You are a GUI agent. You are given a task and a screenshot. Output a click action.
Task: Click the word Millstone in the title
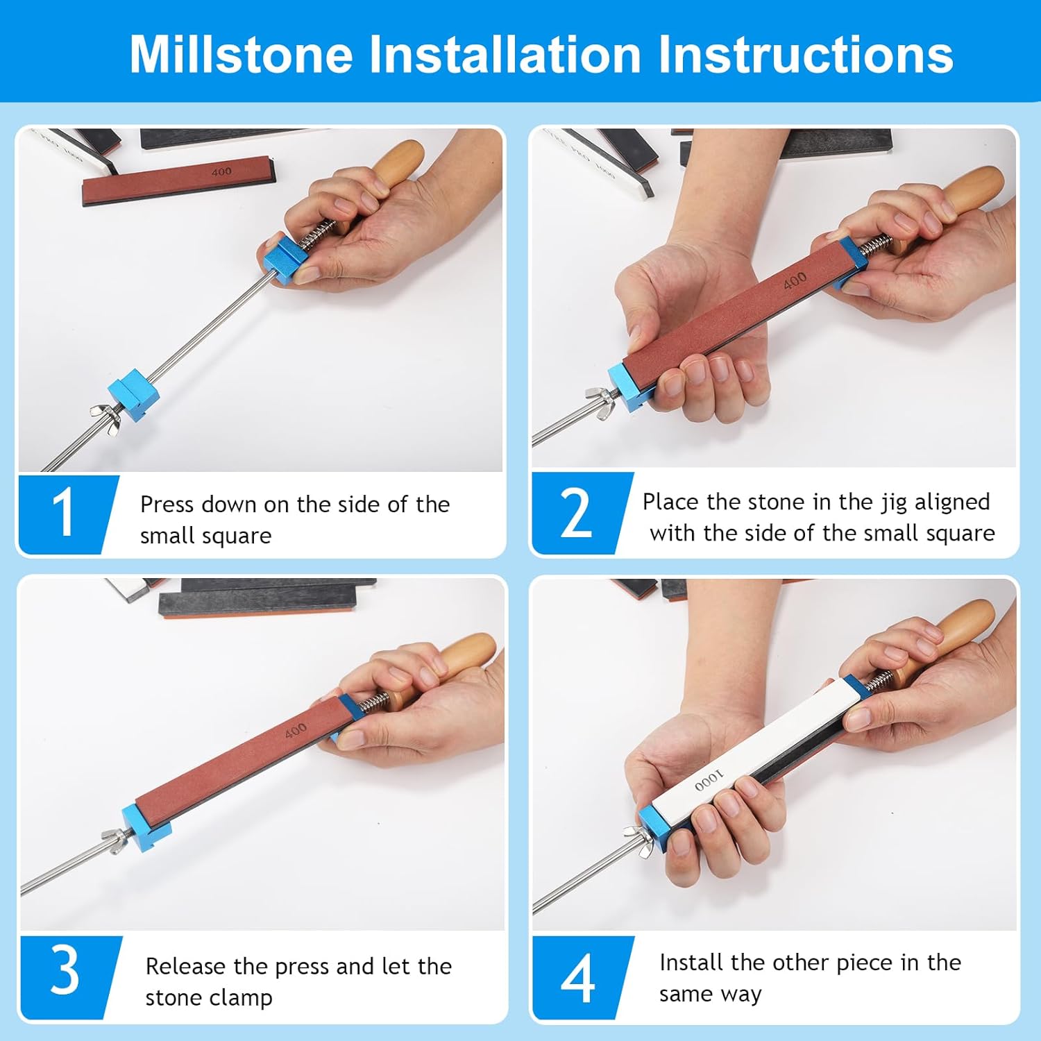pyautogui.click(x=241, y=54)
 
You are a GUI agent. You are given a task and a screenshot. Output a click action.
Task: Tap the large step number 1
pyautogui.click(x=63, y=513)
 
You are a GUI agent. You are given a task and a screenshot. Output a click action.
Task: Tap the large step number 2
pyautogui.click(x=576, y=514)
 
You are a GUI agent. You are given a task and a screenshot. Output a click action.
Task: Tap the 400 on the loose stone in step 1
pyautogui.click(x=221, y=171)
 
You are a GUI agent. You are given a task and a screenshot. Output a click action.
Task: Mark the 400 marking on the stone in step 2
pyautogui.click(x=795, y=280)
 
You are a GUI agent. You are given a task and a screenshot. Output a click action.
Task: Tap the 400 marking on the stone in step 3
pyautogui.click(x=296, y=730)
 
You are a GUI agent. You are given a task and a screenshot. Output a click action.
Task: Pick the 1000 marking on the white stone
pyautogui.click(x=709, y=781)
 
